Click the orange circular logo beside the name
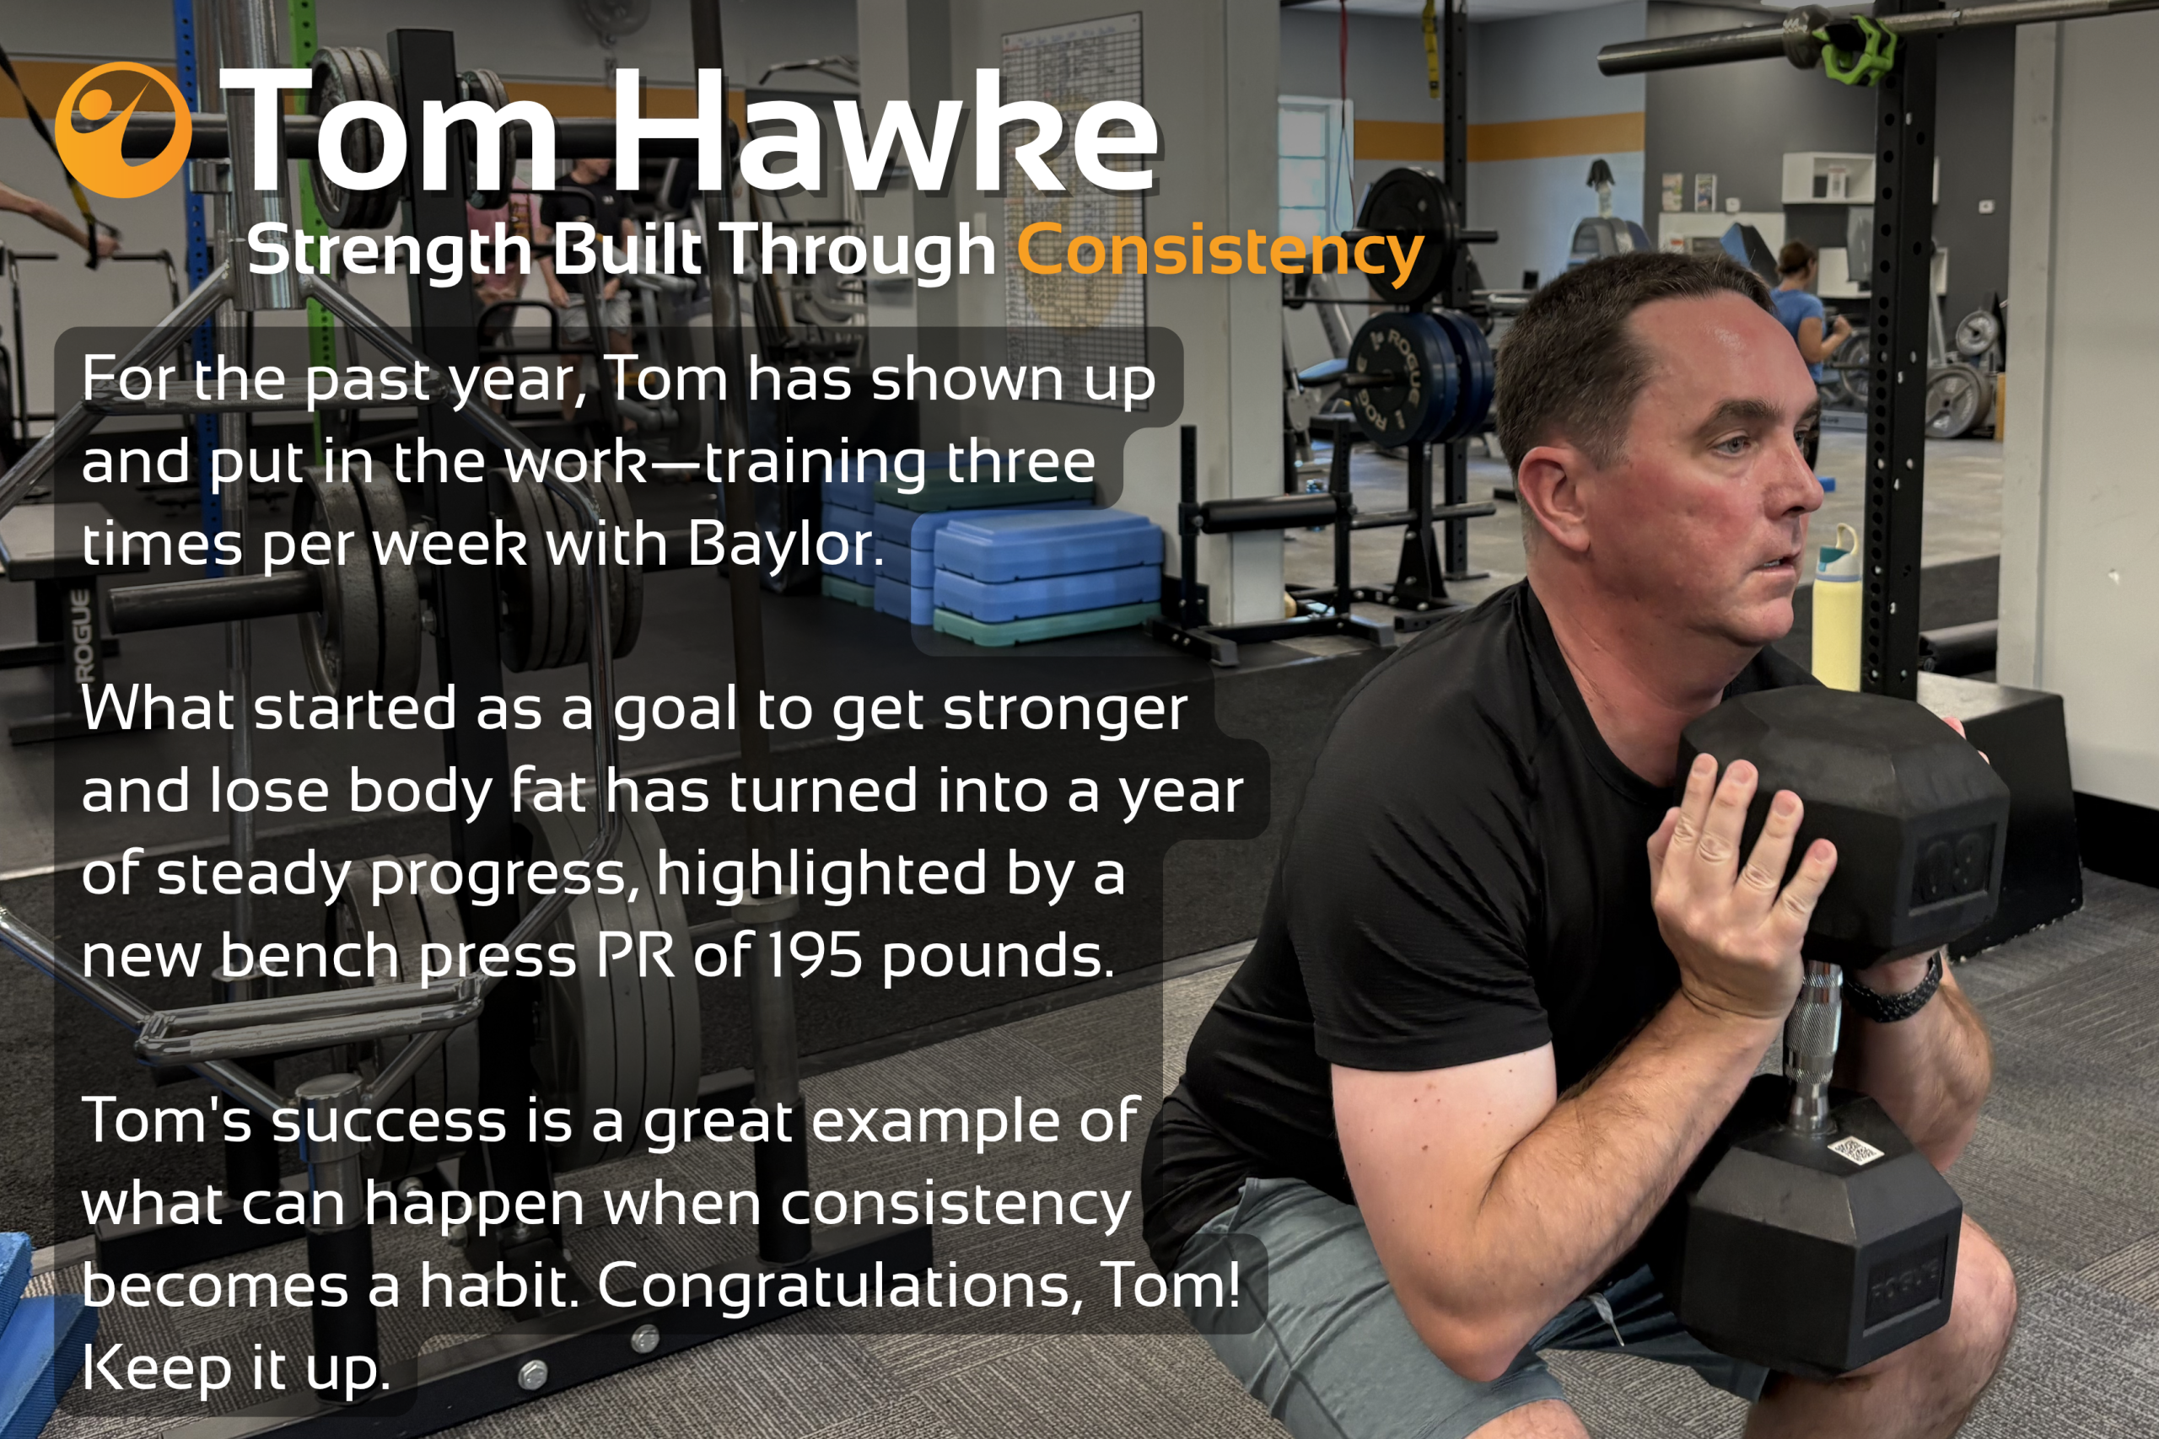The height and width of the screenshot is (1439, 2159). pos(123,129)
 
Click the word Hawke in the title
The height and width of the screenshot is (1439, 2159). pos(885,132)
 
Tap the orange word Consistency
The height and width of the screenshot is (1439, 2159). pos(1220,251)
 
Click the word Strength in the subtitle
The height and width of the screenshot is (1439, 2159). pos(388,251)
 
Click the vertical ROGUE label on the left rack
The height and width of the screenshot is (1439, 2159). pos(83,636)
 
